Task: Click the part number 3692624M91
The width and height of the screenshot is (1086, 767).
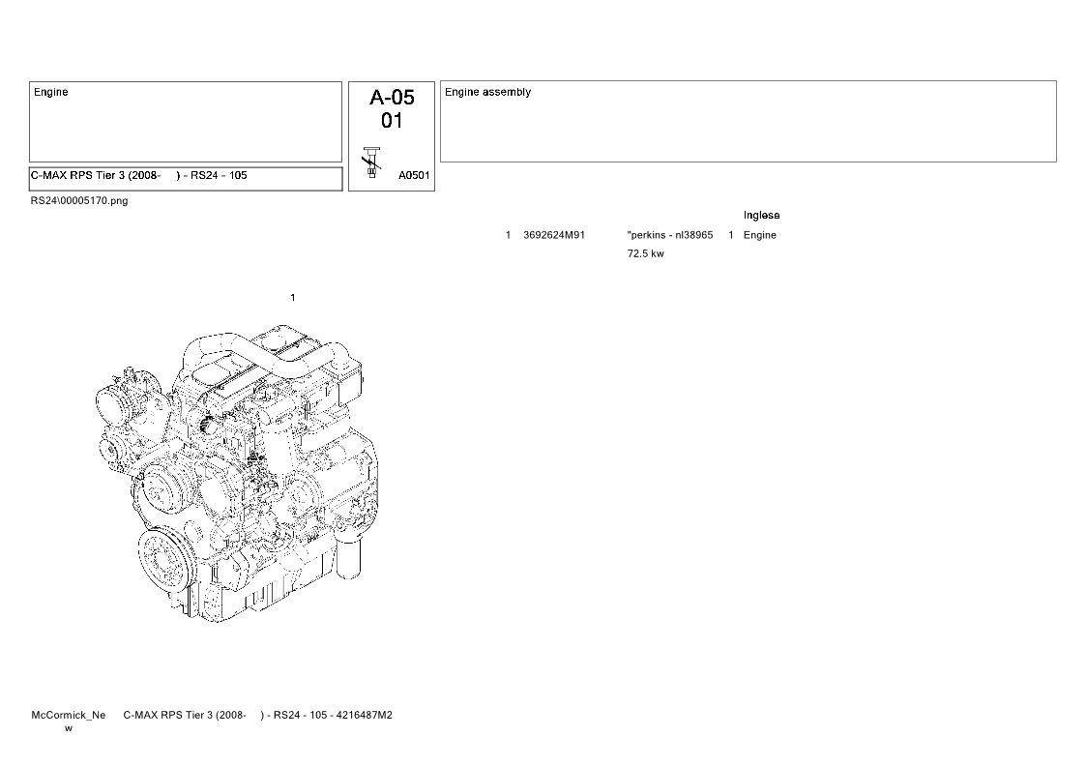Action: (x=554, y=235)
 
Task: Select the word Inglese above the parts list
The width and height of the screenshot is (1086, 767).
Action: (x=761, y=216)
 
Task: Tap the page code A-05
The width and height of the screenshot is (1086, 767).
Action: (x=392, y=97)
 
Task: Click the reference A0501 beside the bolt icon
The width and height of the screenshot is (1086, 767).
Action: (x=414, y=175)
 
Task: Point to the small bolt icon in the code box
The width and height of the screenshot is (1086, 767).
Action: (x=372, y=162)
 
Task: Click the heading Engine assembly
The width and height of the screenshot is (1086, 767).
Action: (x=487, y=92)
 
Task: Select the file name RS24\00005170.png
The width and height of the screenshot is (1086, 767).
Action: (x=79, y=201)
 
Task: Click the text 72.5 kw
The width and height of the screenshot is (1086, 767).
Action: (x=645, y=253)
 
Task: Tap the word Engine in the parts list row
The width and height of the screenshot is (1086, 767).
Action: (x=760, y=235)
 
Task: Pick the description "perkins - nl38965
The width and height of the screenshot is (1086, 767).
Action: (x=670, y=235)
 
